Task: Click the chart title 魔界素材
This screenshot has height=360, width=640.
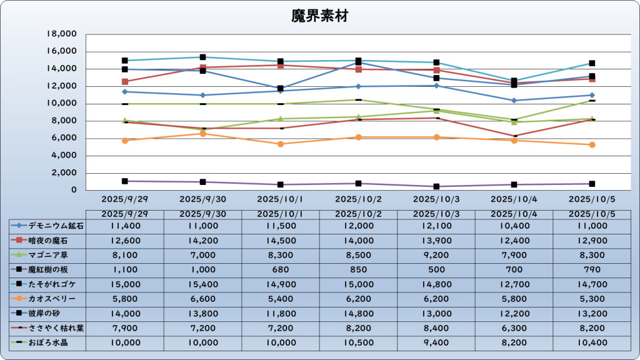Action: pos(319,16)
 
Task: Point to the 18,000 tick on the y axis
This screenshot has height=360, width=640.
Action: pos(62,34)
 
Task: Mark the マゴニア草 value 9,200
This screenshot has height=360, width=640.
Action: pos(436,255)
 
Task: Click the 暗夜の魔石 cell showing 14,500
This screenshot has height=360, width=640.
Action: pos(281,240)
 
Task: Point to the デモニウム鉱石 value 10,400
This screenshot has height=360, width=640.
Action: pos(514,225)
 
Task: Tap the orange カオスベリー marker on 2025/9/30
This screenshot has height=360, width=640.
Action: pos(202,133)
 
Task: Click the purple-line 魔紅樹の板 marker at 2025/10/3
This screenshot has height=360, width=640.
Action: pos(436,186)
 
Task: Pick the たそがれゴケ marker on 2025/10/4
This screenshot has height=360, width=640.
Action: pos(514,81)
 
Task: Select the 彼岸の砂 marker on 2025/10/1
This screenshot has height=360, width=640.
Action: pos(281,88)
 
